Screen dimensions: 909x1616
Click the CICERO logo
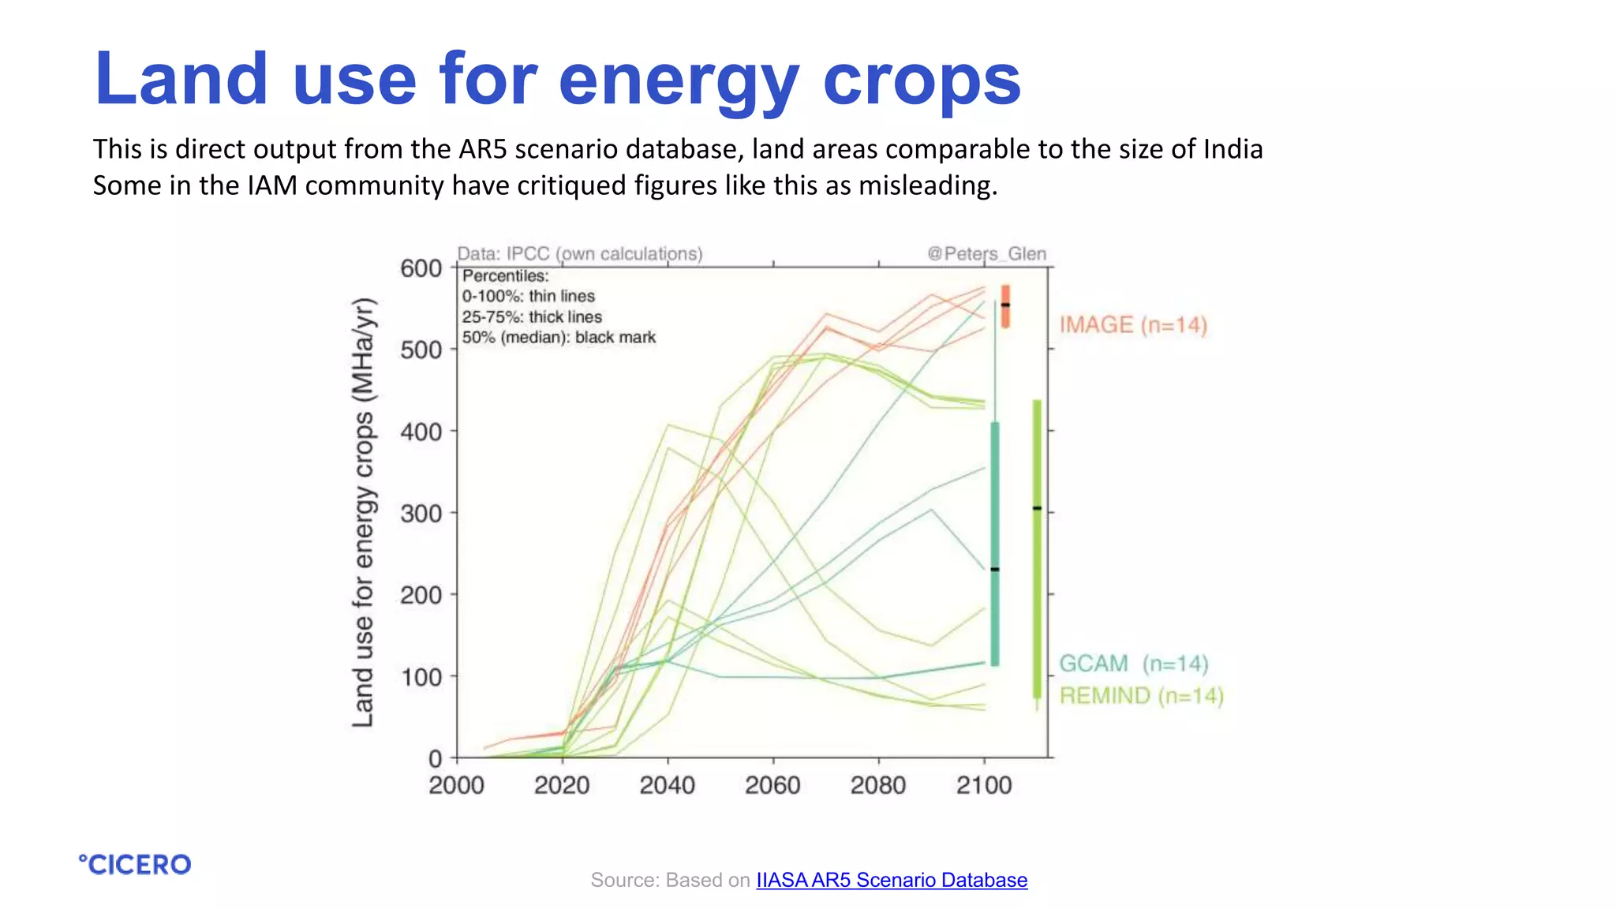[x=135, y=864]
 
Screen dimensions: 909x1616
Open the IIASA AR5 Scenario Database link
[x=892, y=880]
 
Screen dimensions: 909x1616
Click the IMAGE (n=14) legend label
[x=1133, y=324]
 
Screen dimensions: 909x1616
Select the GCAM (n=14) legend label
[x=1133, y=663]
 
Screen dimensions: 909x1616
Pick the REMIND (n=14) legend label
[x=1141, y=696]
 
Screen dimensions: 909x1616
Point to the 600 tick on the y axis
[x=421, y=268]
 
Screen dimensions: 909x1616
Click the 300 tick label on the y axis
[x=421, y=514]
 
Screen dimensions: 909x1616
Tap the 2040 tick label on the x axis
[x=668, y=785]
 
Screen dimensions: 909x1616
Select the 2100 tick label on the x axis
[x=984, y=785]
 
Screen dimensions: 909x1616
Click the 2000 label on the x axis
[x=456, y=785]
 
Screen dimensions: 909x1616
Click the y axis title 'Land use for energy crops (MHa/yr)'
[x=362, y=513]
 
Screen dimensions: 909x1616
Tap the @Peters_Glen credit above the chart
[x=986, y=253]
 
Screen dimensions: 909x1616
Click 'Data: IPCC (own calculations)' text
[x=580, y=253]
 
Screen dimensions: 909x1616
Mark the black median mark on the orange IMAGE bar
[x=1005, y=305]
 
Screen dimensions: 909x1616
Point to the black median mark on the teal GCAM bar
[x=995, y=569]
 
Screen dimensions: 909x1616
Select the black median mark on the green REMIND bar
[x=1037, y=508]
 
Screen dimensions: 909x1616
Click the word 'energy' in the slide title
[x=679, y=80]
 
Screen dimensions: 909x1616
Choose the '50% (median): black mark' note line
[x=559, y=337]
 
